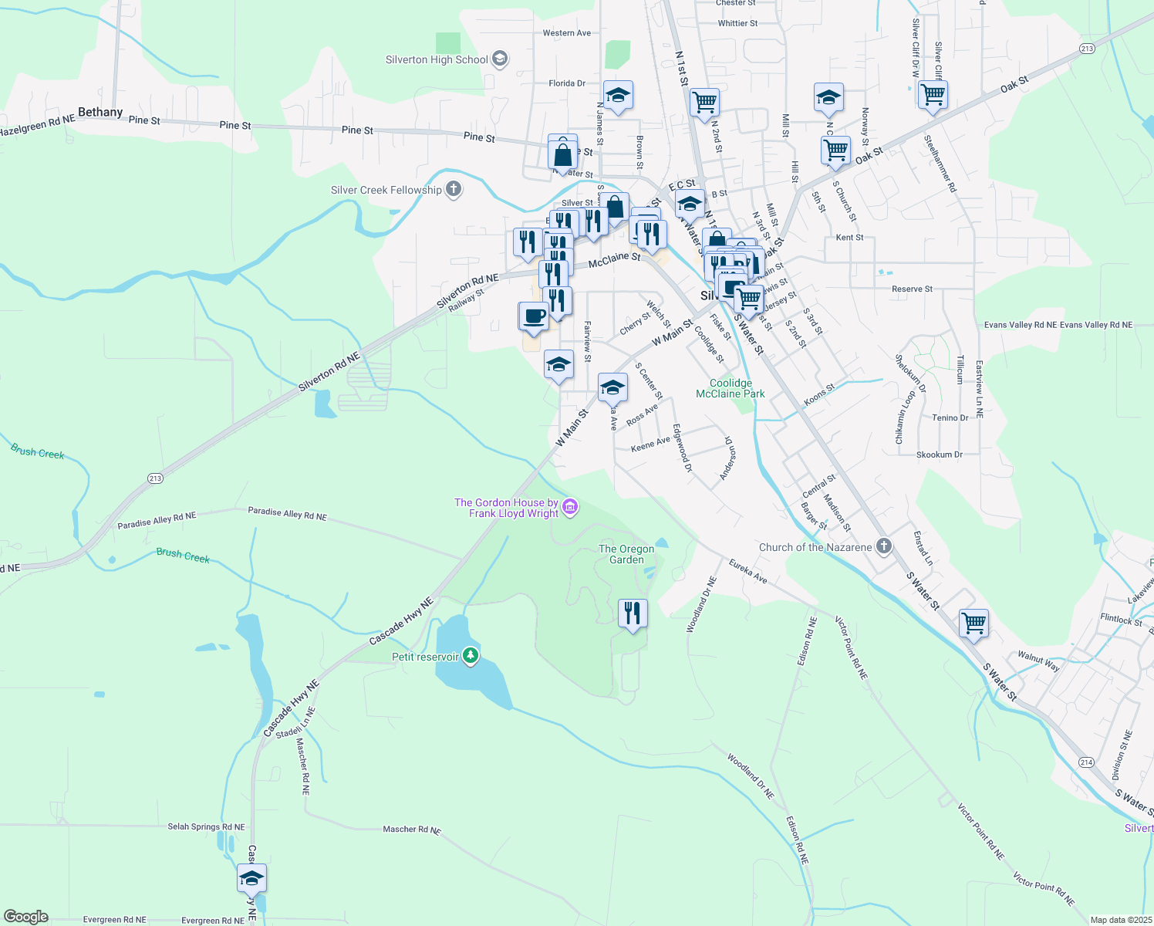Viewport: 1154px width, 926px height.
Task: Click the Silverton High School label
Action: coord(437,59)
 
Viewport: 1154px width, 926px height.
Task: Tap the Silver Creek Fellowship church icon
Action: coord(454,189)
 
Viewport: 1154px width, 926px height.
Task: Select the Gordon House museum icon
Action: coord(570,507)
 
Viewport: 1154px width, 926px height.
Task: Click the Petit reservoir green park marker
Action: coord(470,657)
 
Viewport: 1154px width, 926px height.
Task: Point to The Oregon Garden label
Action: coord(626,554)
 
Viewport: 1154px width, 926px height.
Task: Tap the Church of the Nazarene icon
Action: coord(884,546)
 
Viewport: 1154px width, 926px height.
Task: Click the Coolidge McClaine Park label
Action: coord(730,388)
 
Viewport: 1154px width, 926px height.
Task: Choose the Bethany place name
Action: coord(100,112)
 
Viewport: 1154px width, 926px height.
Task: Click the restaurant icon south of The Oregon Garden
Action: coord(633,613)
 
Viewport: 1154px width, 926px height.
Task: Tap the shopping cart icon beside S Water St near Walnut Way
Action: coord(973,622)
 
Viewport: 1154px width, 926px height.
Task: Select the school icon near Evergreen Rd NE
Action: coord(251,878)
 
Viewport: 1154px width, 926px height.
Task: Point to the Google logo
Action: coord(26,917)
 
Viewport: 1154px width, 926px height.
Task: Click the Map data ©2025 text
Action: coord(1119,920)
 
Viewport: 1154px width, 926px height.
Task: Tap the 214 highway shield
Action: coord(1086,762)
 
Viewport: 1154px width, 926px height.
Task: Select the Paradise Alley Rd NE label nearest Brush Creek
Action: coord(157,521)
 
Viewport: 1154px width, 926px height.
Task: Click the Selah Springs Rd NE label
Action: coord(206,826)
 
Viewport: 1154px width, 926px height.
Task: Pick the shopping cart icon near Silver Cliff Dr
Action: coord(933,95)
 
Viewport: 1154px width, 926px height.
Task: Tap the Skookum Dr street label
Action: coord(939,455)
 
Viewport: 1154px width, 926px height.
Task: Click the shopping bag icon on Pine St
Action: coord(563,152)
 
